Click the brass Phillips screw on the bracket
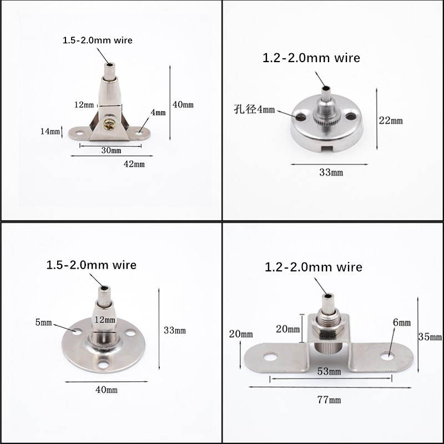109,124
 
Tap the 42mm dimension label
134,164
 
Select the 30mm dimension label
112,150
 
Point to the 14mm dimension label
50,132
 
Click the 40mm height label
183,105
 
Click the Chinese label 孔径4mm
254,109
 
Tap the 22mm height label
391,120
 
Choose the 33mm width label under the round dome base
331,173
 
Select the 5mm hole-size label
44,322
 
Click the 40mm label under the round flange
107,390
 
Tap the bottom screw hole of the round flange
103,365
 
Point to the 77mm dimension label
329,400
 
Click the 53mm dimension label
329,371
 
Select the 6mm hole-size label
402,322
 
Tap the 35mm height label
430,337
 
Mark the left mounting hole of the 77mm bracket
270,356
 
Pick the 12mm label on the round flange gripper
105,320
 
